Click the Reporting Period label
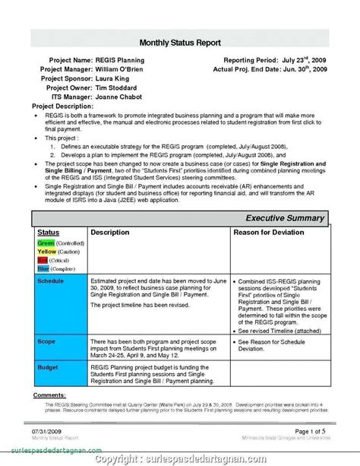(x=254, y=59)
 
